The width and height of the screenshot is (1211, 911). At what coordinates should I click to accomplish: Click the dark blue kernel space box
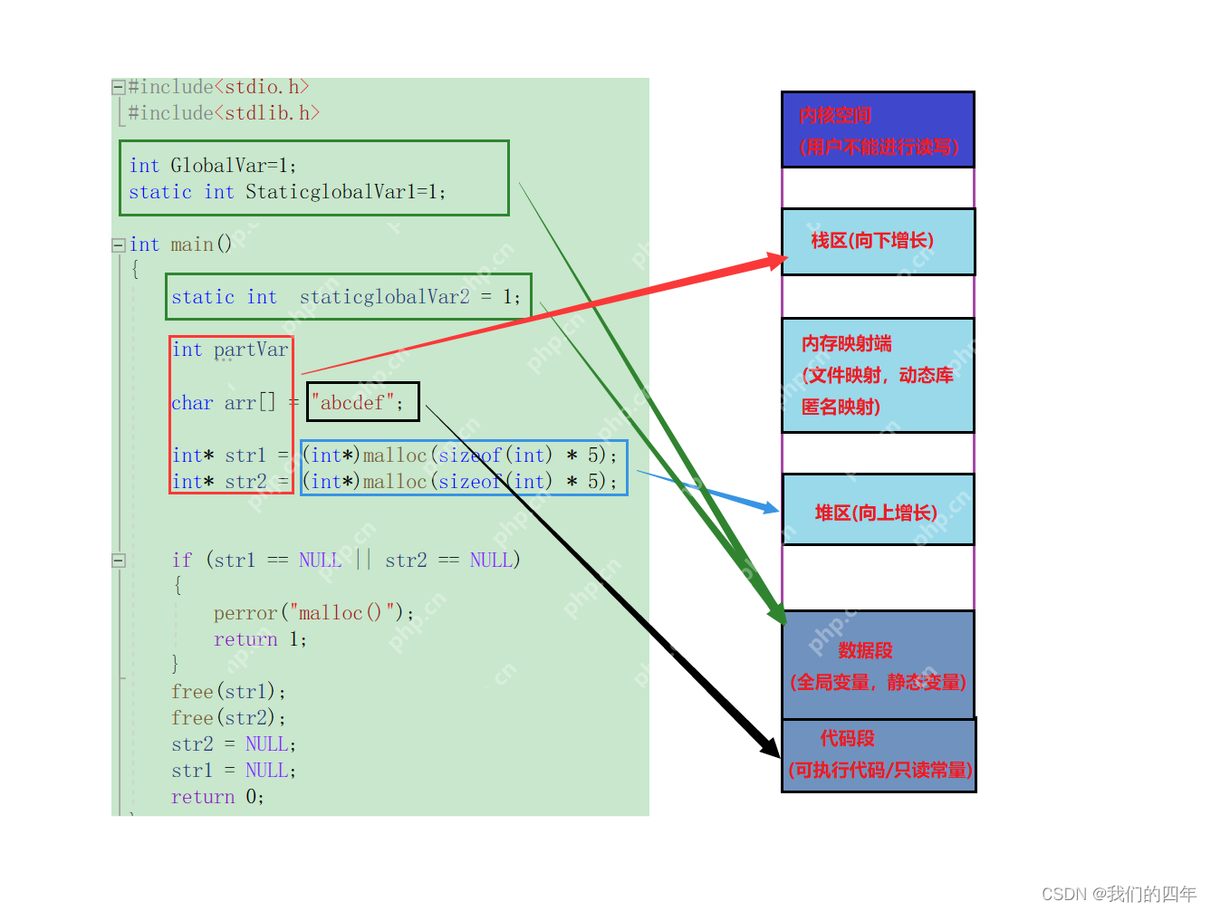point(877,129)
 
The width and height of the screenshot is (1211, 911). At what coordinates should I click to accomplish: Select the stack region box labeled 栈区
point(877,241)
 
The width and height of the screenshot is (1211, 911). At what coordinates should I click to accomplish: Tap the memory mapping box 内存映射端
point(877,375)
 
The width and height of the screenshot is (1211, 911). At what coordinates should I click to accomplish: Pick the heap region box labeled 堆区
point(877,510)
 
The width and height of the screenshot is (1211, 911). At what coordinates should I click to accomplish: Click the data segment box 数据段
point(877,666)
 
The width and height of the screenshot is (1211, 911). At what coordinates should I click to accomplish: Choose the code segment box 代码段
point(877,754)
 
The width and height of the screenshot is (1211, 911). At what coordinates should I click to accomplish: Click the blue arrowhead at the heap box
point(770,508)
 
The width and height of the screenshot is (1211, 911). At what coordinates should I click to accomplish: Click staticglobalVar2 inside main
point(385,297)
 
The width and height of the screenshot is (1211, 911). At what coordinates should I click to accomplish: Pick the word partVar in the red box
point(251,350)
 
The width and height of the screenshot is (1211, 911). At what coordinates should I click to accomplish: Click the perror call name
point(245,613)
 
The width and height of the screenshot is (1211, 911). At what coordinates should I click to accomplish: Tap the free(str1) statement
point(228,692)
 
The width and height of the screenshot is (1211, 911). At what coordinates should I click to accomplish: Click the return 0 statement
point(217,797)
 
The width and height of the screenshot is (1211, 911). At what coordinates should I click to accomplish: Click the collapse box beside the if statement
point(118,561)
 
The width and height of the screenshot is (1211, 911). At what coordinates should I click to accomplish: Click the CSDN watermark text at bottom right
point(1119,894)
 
